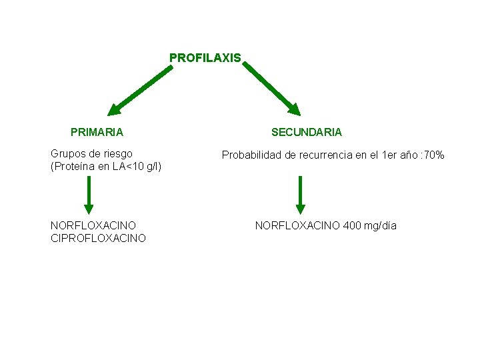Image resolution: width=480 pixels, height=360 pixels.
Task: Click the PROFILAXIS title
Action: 205,58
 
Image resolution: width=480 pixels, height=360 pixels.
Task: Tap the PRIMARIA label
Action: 97,132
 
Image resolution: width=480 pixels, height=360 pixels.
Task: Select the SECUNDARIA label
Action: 306,132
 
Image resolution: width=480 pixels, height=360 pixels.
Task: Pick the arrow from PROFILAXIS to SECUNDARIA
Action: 271,89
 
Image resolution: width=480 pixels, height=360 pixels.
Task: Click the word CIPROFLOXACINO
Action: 98,238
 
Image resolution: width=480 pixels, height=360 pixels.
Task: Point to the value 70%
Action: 433,155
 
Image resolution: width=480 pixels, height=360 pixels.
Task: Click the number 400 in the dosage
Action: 352,225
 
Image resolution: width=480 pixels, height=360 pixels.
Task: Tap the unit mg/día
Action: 380,225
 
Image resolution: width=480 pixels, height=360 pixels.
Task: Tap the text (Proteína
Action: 73,166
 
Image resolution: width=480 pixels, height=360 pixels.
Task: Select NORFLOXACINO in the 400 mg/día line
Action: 297,225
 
